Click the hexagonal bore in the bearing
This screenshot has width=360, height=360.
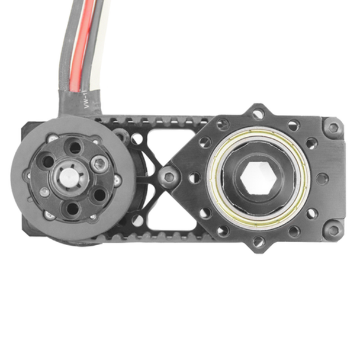[x=258, y=177]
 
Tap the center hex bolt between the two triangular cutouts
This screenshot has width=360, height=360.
[x=169, y=176]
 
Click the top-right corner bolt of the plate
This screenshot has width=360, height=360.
[x=333, y=127]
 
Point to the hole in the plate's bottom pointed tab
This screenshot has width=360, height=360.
[x=259, y=241]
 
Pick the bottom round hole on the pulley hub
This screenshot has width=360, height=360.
[x=72, y=208]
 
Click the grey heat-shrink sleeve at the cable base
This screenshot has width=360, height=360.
[x=77, y=101]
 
